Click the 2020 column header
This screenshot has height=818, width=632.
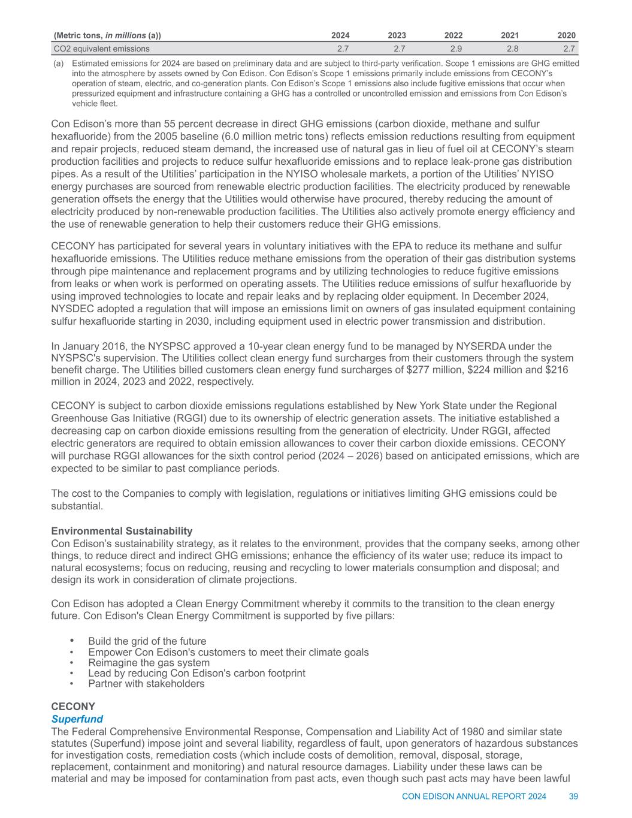click(567, 35)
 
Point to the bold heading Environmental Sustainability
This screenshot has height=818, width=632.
click(122, 531)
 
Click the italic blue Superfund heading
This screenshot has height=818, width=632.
click(77, 719)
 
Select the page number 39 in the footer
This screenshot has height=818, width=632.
click(573, 796)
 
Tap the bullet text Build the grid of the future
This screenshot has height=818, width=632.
click(147, 641)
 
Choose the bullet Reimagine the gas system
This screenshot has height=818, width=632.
click(149, 663)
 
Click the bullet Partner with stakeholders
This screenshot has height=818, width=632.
click(146, 684)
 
